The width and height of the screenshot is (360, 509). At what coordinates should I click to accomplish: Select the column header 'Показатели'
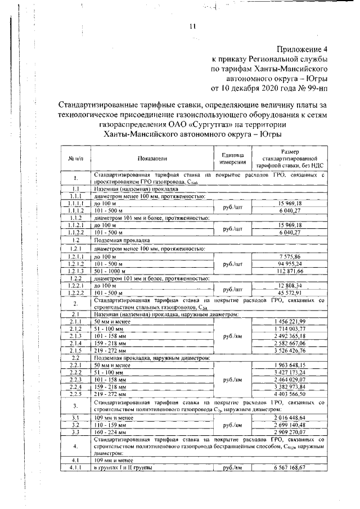coord(151,159)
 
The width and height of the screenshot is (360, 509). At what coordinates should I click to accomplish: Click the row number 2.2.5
coord(76,395)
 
